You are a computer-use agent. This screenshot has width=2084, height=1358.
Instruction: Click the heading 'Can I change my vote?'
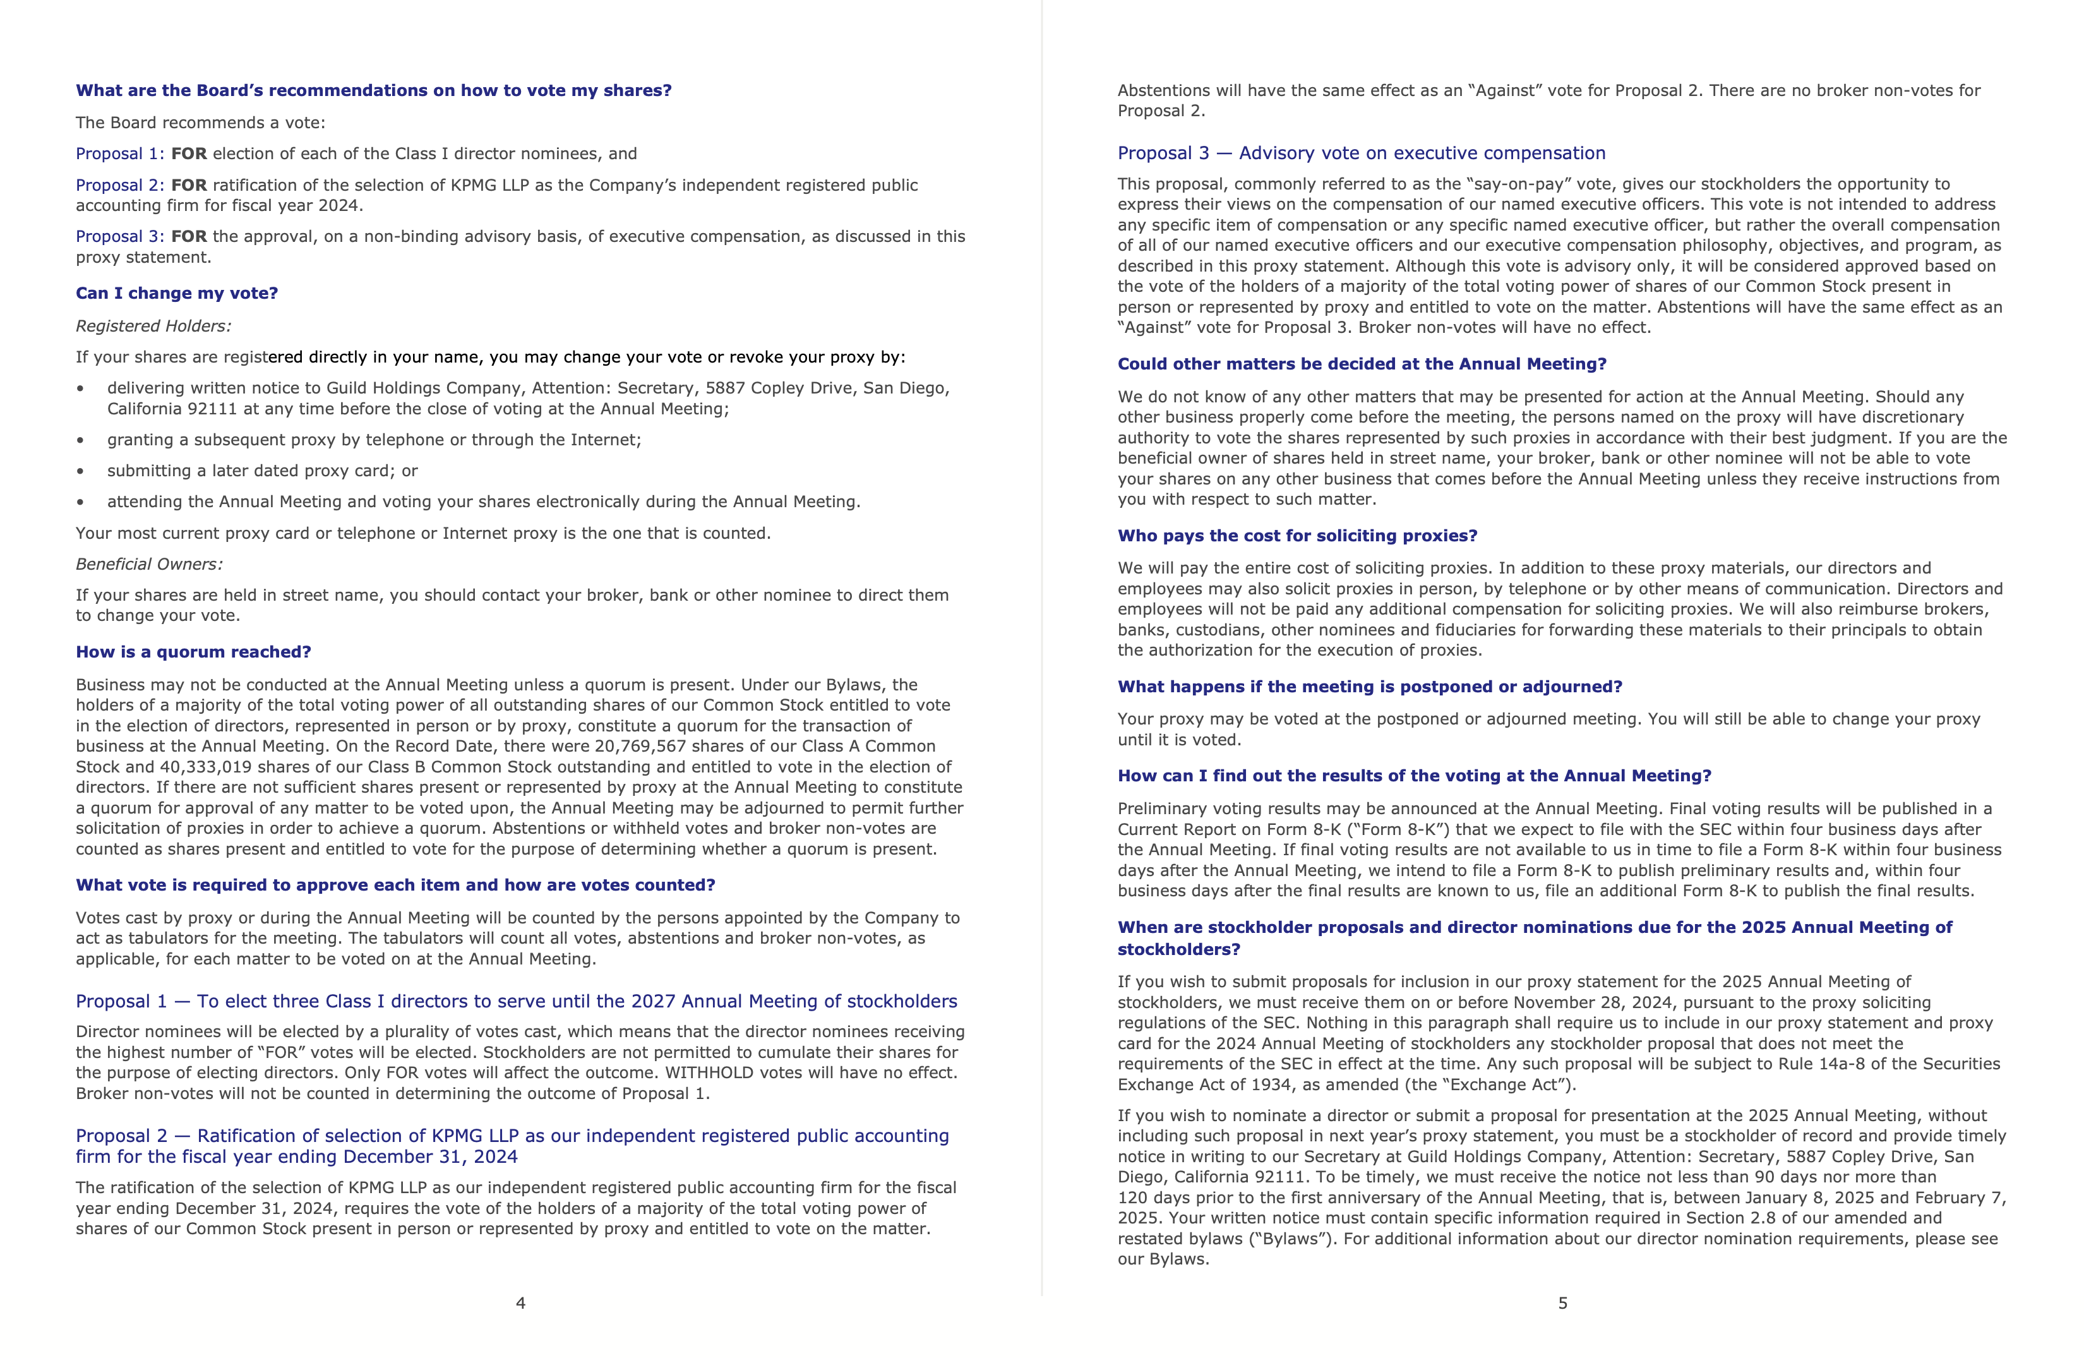(176, 293)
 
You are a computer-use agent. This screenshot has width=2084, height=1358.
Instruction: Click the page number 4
(520, 1303)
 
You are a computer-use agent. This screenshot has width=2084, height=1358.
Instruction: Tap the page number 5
(1562, 1303)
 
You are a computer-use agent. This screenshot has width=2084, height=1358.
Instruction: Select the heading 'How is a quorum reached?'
(193, 652)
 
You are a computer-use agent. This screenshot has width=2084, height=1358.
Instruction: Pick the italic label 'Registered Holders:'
(153, 326)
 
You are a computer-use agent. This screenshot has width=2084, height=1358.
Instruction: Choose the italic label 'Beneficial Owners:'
(149, 564)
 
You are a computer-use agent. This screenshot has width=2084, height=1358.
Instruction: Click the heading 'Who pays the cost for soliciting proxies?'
(1297, 536)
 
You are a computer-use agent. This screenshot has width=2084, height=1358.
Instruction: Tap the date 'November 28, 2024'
(1591, 1002)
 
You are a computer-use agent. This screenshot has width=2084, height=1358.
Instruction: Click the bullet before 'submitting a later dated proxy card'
(81, 471)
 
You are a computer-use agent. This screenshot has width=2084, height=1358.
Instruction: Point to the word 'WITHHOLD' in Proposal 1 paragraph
(707, 1073)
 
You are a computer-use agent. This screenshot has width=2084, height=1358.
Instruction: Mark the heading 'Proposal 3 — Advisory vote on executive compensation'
(1361, 153)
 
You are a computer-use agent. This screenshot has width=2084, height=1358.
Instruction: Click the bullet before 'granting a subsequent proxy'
(81, 440)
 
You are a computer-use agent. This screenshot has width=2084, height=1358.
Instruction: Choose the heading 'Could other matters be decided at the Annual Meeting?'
(1362, 364)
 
